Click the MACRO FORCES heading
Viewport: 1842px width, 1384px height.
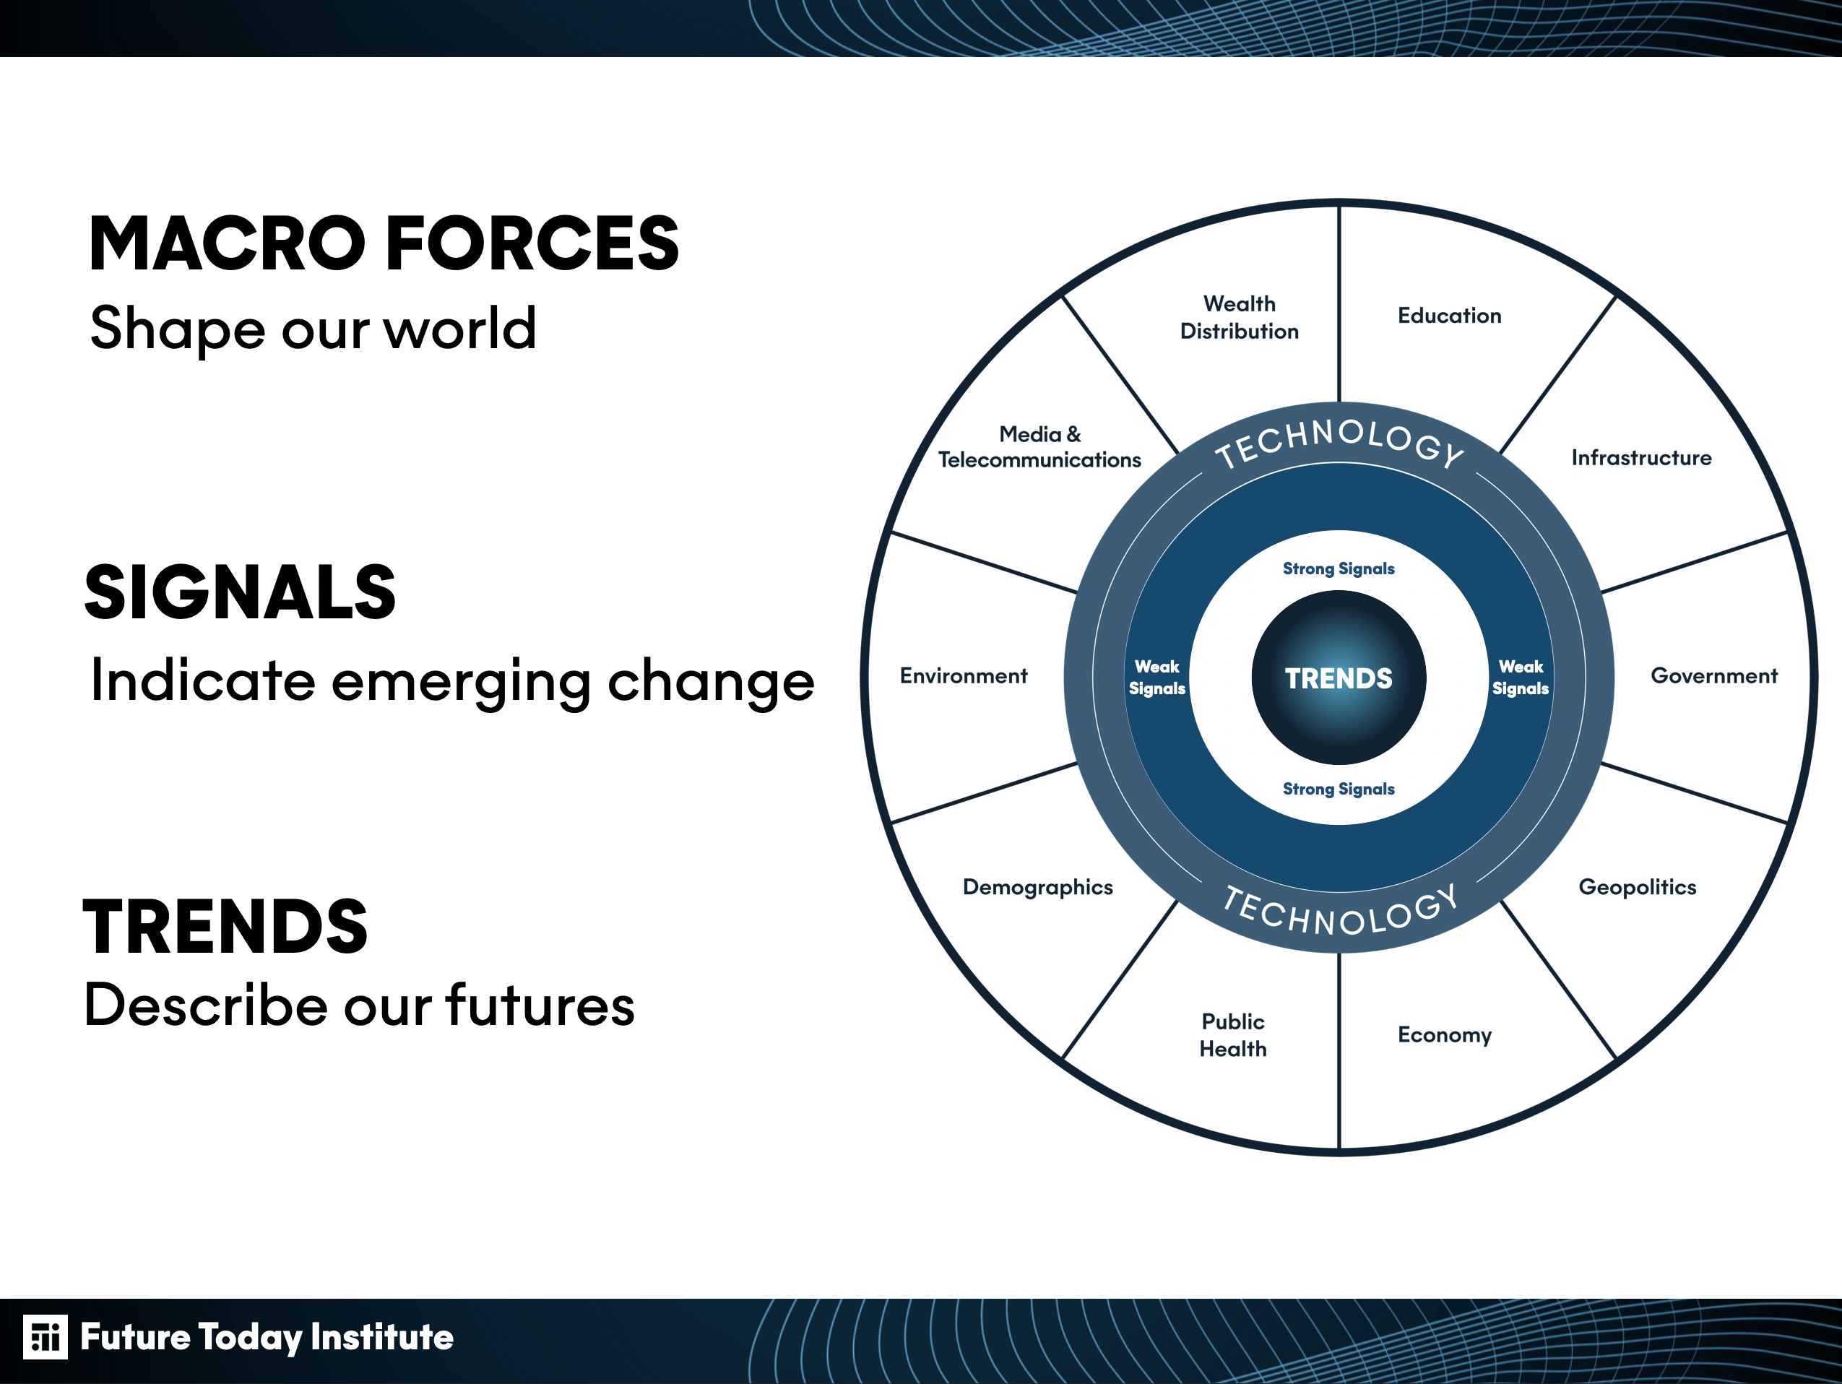384,243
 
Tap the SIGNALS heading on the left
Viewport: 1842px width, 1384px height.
240,592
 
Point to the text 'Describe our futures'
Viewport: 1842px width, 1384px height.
360,1004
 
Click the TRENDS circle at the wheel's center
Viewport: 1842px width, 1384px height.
1339,678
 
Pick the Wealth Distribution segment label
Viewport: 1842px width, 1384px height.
1239,317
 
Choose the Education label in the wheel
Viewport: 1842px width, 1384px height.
1449,316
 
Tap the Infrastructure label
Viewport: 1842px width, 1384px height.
1641,457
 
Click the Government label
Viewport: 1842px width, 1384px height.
1713,675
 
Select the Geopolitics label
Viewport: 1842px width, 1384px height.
1637,888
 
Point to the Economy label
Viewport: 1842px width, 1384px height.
1445,1035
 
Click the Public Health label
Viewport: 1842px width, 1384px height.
1233,1035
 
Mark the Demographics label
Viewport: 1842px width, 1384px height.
1037,888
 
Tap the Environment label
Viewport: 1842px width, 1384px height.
964,675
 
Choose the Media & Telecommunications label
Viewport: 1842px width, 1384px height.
1039,447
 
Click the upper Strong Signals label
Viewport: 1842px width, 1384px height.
1339,568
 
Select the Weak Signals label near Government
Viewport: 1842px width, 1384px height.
1521,678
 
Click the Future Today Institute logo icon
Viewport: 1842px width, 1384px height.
45,1337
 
